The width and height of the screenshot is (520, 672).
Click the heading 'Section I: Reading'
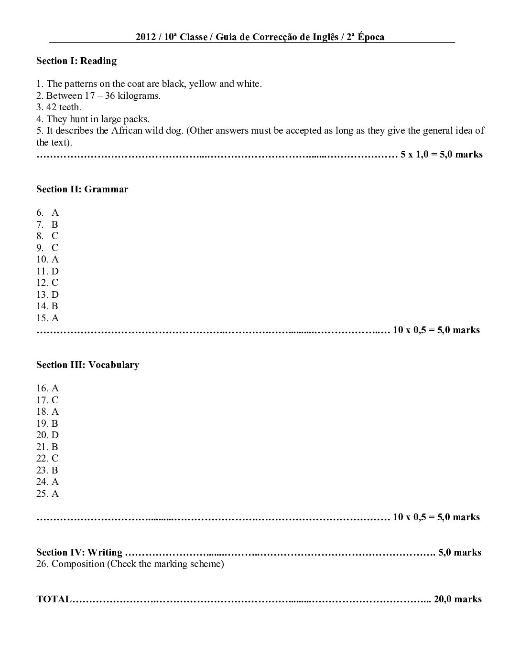76,61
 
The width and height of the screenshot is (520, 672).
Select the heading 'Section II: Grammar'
82,189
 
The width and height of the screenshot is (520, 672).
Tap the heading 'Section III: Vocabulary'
87,365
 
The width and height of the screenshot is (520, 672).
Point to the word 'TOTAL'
54,599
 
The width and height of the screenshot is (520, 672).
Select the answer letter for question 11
55,271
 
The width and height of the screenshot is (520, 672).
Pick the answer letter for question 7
55,224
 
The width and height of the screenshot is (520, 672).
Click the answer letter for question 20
55,435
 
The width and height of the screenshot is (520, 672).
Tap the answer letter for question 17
55,400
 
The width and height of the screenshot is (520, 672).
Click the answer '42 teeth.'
64,107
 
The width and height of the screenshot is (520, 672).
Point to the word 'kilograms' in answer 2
139,95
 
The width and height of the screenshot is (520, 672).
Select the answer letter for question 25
55,493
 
